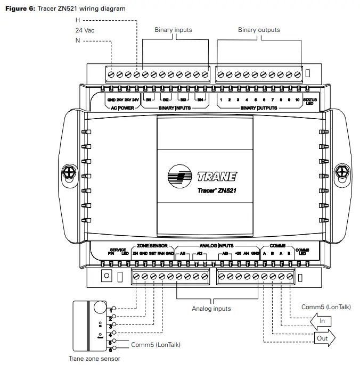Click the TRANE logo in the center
click(x=202, y=177)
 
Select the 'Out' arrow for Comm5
click(x=323, y=337)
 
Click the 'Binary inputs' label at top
click(x=173, y=30)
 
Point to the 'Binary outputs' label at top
click(x=259, y=30)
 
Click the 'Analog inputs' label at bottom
click(x=211, y=309)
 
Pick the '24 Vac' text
click(x=85, y=30)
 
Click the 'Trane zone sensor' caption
click(x=94, y=359)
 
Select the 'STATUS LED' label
click(x=309, y=102)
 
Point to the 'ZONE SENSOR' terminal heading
click(x=152, y=246)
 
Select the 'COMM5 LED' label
click(x=302, y=252)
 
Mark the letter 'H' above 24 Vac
click(x=78, y=20)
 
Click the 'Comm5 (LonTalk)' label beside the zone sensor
click(x=156, y=345)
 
